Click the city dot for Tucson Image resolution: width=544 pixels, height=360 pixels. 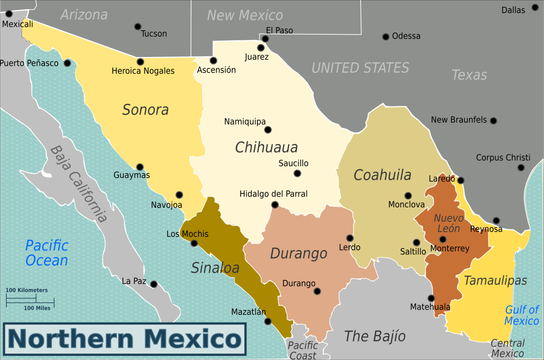138,27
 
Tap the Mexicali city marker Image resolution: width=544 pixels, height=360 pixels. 9,14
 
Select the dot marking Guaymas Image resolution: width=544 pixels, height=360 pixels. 139,167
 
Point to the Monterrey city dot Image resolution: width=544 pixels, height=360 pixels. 442,239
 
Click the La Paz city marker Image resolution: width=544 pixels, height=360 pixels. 154,284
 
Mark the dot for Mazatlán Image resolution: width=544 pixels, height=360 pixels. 268,321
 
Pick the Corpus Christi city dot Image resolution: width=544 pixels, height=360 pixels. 521,167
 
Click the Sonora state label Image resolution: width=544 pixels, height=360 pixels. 145,110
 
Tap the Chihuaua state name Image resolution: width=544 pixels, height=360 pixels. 266,147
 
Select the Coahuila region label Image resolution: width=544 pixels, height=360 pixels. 382,175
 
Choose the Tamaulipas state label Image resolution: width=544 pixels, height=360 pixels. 495,281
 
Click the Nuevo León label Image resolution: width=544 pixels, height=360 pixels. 448,223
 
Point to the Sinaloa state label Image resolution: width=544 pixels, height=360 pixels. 215,268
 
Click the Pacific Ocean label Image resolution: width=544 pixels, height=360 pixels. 47,253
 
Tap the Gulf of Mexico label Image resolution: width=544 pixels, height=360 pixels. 521,315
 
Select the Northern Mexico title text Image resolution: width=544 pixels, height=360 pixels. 125,339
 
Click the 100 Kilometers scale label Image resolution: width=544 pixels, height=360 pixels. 26,290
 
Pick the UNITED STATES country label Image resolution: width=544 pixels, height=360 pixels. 360,68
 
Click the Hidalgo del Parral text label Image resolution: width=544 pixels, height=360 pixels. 273,194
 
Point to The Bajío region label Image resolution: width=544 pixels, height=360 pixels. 374,336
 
